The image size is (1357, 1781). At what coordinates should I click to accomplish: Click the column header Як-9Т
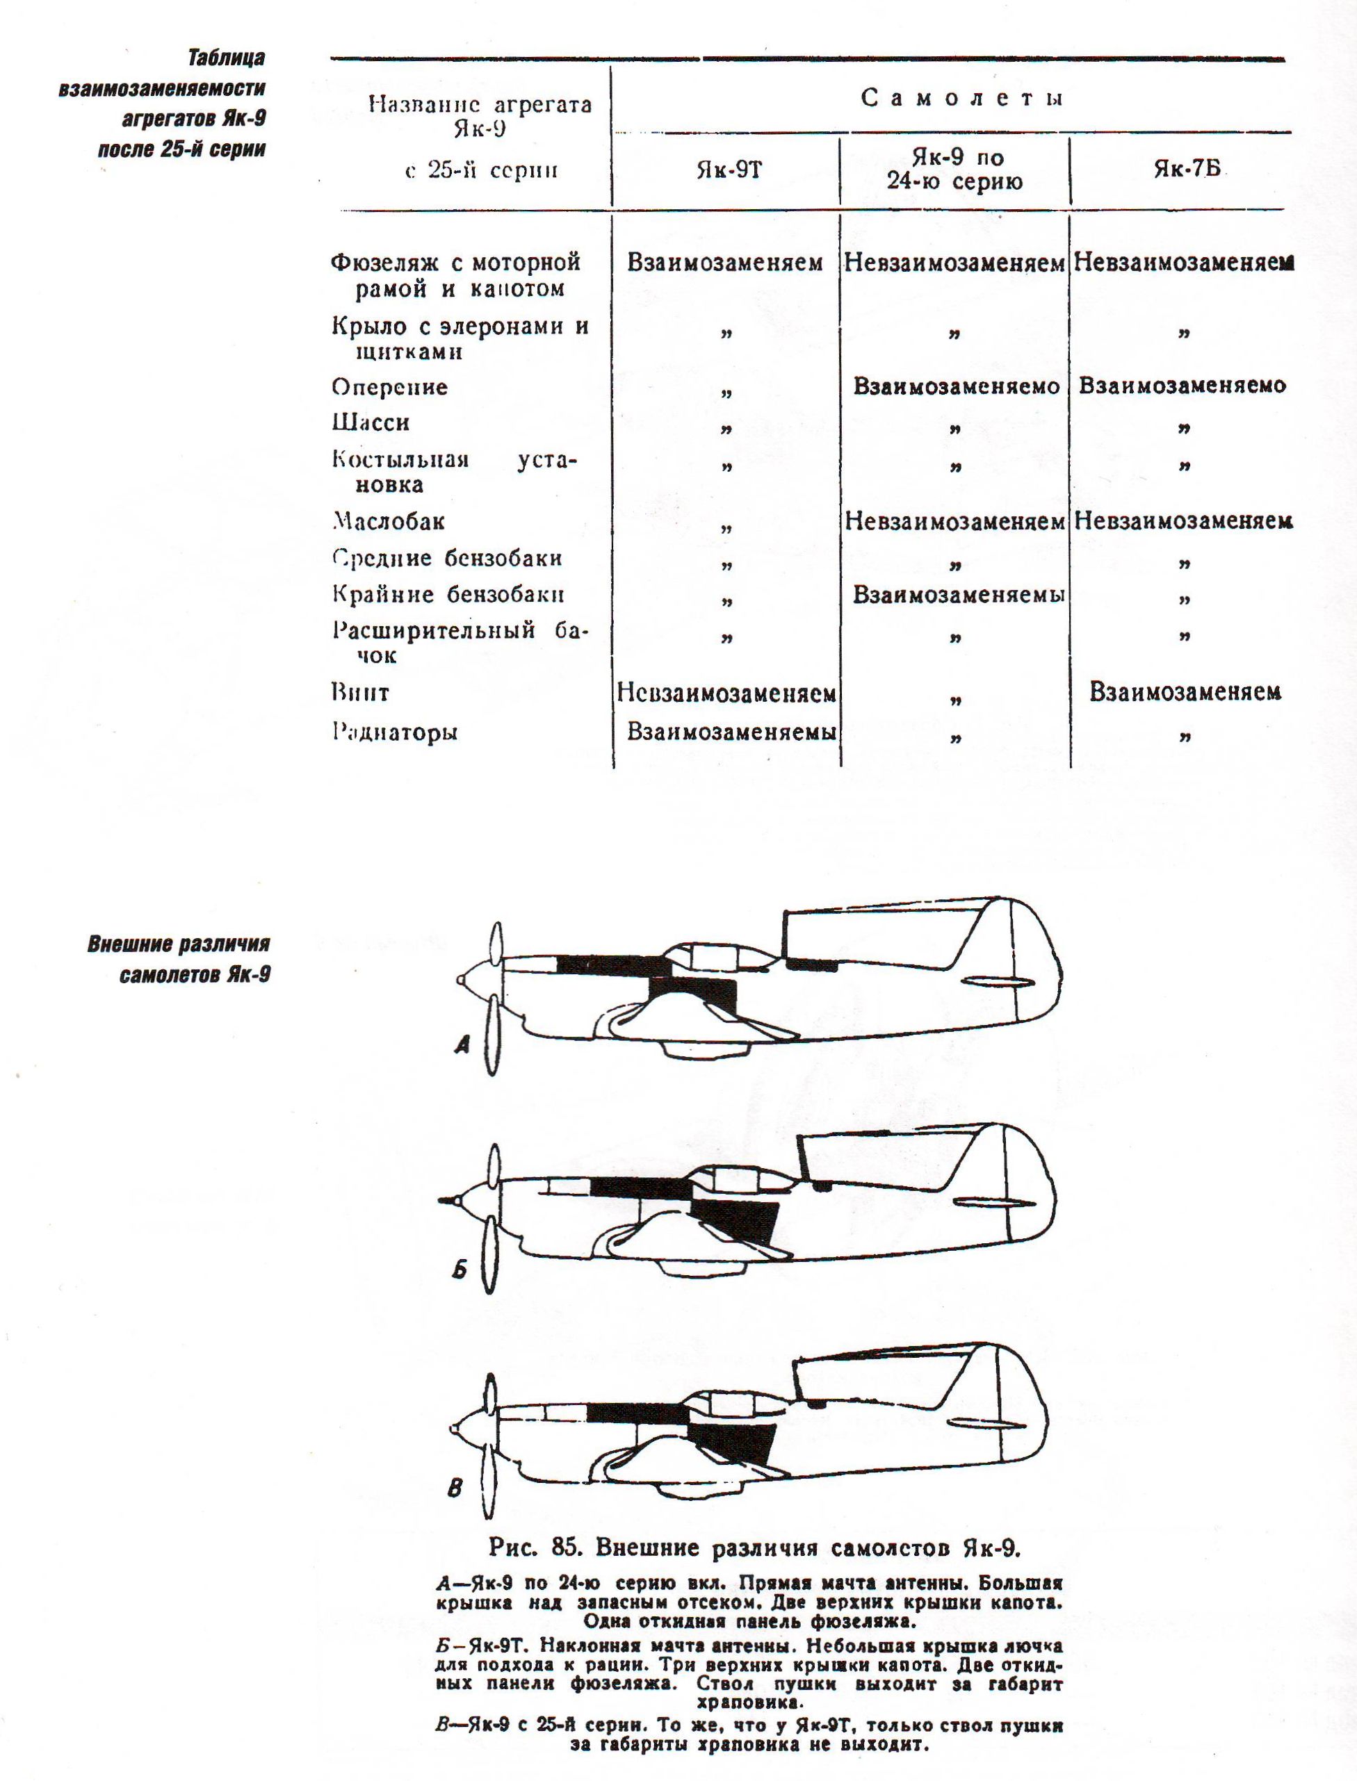click(x=728, y=171)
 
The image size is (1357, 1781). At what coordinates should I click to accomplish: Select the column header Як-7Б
click(x=1185, y=171)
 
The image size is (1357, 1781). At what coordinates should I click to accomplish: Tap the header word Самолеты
click(x=961, y=99)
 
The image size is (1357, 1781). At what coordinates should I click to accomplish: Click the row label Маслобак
click(x=388, y=520)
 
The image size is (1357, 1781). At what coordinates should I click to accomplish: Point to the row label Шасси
click(x=371, y=422)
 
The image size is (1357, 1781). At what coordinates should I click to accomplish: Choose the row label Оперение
click(x=389, y=387)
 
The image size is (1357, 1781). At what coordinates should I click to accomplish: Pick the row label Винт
click(x=360, y=693)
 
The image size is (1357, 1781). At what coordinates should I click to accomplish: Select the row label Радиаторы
click(x=395, y=732)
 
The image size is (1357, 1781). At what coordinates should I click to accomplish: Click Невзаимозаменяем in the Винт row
click(x=726, y=693)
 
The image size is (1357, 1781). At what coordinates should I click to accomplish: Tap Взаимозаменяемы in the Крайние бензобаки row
click(x=958, y=594)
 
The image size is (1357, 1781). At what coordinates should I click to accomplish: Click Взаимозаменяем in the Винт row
click(x=1185, y=692)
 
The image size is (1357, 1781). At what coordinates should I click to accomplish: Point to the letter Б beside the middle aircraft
click(x=459, y=1270)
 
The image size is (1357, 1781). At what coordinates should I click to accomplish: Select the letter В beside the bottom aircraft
click(x=455, y=1488)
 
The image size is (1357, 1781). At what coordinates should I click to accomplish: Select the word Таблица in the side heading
click(x=225, y=58)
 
